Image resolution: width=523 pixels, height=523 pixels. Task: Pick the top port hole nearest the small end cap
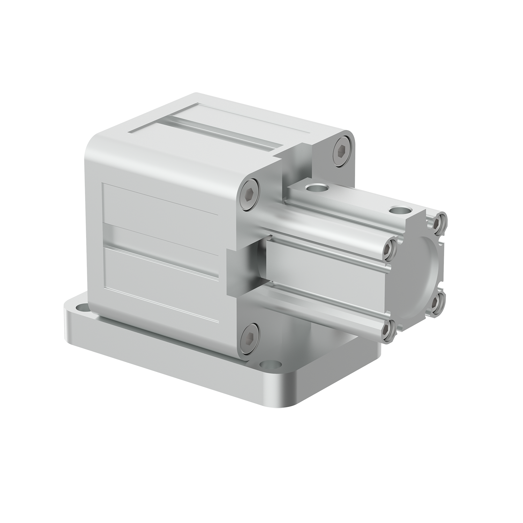399,211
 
